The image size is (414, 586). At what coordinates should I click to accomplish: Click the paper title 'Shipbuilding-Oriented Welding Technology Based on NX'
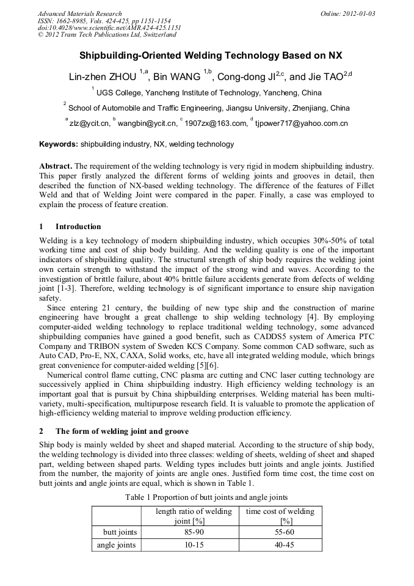(206, 55)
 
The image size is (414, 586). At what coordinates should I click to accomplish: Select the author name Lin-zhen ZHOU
(103, 77)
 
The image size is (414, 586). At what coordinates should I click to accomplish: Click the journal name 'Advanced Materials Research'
(79, 13)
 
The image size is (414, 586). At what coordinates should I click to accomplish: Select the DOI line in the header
(109, 27)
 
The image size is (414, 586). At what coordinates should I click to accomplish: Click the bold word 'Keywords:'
(59, 145)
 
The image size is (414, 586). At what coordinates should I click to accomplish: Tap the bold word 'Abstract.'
(56, 166)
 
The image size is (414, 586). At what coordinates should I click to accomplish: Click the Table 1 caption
(206, 497)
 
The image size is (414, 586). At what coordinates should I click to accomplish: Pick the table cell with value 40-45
(280, 544)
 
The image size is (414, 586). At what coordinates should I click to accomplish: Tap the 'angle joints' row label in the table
(117, 544)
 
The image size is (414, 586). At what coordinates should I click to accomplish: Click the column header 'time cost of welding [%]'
(280, 516)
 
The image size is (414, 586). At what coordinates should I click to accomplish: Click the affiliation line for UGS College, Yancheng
(208, 93)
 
